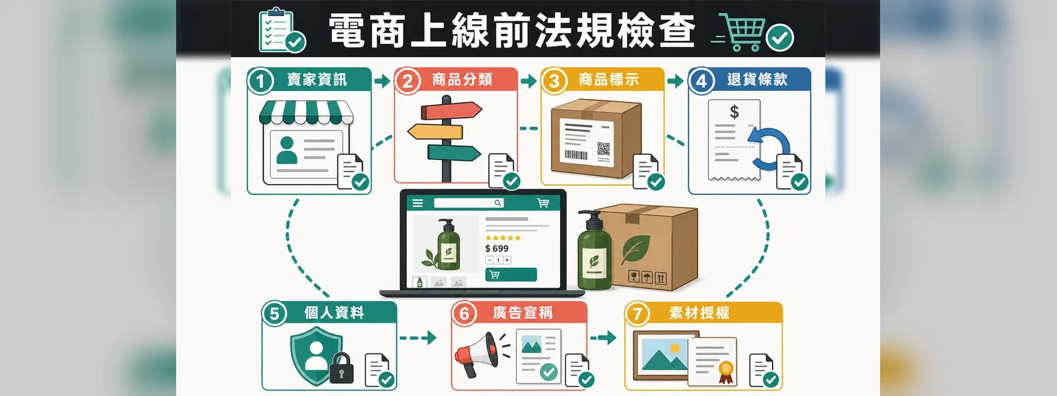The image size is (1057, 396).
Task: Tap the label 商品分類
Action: point(462,79)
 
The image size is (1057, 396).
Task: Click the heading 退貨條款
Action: point(757,79)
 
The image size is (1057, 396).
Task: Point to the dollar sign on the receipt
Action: point(734,111)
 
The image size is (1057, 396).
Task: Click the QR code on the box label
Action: point(603,149)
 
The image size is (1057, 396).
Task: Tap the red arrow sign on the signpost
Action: point(451,111)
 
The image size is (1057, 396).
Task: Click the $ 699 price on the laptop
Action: point(497,249)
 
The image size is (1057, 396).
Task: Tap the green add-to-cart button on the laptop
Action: point(511,275)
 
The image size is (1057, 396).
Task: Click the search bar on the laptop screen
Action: point(468,202)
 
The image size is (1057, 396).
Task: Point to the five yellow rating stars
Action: point(503,238)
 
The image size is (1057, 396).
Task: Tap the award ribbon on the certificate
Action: point(726,371)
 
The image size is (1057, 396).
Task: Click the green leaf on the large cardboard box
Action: point(636,250)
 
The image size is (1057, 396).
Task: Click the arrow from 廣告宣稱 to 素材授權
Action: point(603,337)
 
